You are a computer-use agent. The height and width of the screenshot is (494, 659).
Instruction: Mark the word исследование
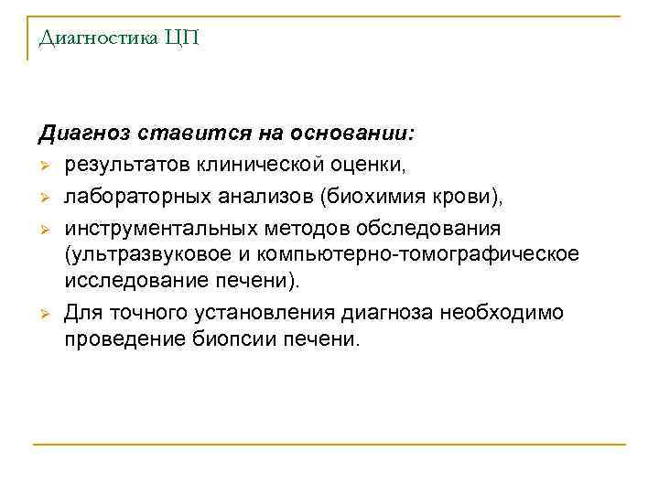[129, 279]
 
